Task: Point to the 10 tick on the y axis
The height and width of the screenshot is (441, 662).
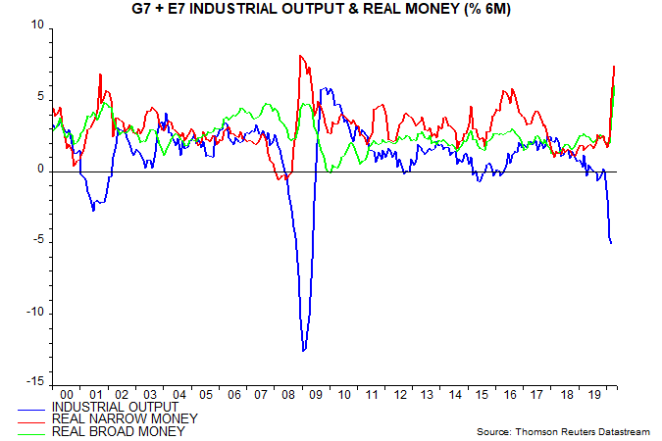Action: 38,25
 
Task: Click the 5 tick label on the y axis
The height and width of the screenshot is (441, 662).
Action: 41,97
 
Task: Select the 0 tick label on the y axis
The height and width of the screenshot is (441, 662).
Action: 41,170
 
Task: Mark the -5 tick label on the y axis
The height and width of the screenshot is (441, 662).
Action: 38,241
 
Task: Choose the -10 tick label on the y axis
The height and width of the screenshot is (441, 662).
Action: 36,313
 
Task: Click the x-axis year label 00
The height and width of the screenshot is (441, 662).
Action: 65,394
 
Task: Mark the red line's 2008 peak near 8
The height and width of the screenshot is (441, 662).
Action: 300,56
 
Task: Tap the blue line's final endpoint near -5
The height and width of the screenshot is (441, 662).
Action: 612,243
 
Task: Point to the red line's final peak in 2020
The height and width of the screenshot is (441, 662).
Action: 614,67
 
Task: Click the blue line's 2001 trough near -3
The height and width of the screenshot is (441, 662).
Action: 94,210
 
